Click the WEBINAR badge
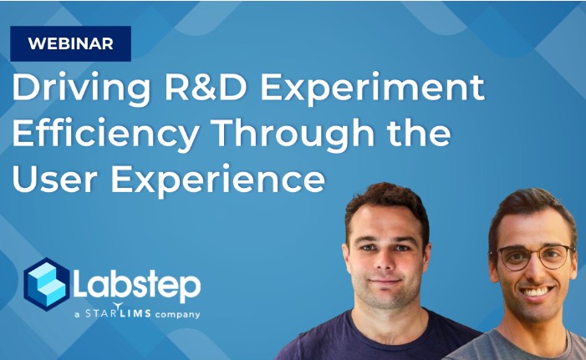tap(70, 43)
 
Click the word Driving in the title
tap(81, 89)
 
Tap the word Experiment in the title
tap(372, 89)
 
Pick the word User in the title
tap(54, 180)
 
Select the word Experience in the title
tap(218, 180)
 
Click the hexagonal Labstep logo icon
tap(46, 285)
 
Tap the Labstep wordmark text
tap(137, 286)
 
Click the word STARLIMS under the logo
tap(118, 312)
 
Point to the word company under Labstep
tap(177, 314)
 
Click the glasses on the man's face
tap(532, 256)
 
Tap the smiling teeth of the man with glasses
tap(537, 292)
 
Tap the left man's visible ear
tap(426, 257)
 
